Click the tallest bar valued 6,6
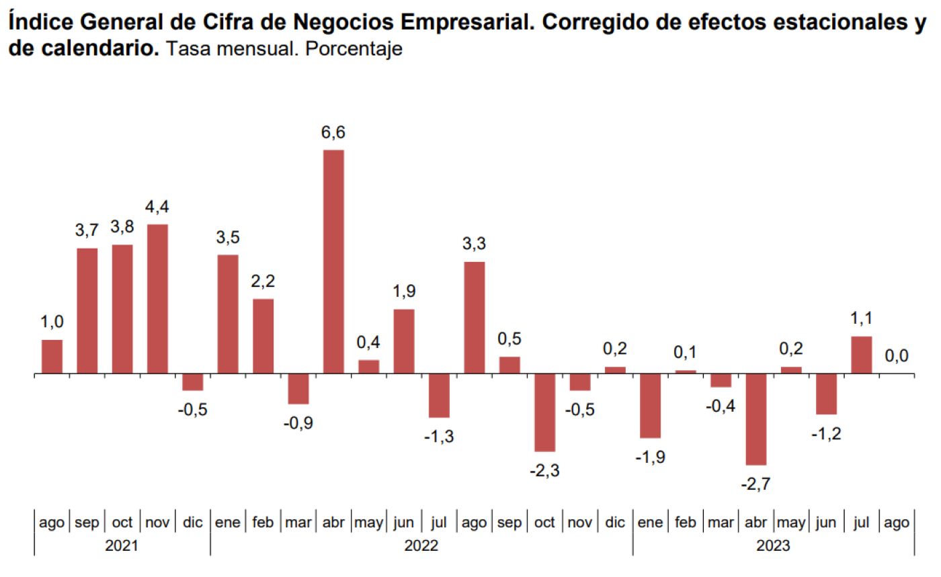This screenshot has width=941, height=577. [333, 261]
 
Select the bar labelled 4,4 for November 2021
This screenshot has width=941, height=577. [157, 299]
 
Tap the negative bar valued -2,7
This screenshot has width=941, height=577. [756, 419]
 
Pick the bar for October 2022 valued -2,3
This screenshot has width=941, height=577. [544, 412]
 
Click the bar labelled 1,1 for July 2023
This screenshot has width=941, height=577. [862, 355]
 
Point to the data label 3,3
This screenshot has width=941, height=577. [474, 245]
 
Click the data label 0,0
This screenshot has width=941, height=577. [897, 356]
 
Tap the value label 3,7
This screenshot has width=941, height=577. [87, 230]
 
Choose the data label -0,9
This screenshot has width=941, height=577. [298, 423]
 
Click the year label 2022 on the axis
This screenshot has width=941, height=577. [421, 545]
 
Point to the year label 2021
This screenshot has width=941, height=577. [122, 545]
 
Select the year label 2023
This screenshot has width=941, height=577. [774, 545]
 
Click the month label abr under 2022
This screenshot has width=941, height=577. [333, 523]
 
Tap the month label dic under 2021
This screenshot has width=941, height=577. [192, 523]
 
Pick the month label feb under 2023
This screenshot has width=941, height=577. [686, 523]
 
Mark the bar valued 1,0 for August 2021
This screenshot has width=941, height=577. [52, 357]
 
